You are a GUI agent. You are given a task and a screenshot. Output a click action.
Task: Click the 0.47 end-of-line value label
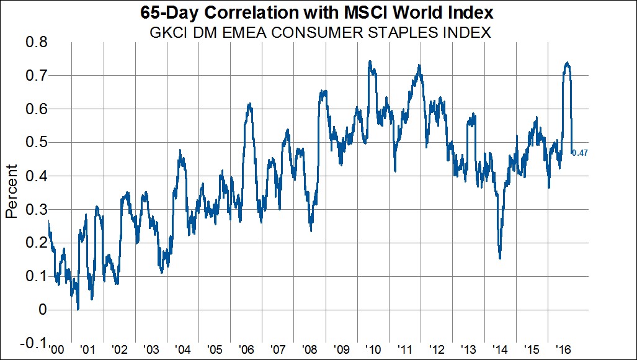580,153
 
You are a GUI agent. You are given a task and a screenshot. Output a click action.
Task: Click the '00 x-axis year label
56,349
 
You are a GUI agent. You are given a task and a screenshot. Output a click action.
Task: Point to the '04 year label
182,349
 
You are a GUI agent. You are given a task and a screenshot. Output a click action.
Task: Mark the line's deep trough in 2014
500,258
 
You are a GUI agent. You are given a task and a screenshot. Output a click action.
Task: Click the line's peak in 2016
567,63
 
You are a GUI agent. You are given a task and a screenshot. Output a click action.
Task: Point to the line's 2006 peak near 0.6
248,104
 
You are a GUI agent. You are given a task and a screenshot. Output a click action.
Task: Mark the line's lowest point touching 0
78,308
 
